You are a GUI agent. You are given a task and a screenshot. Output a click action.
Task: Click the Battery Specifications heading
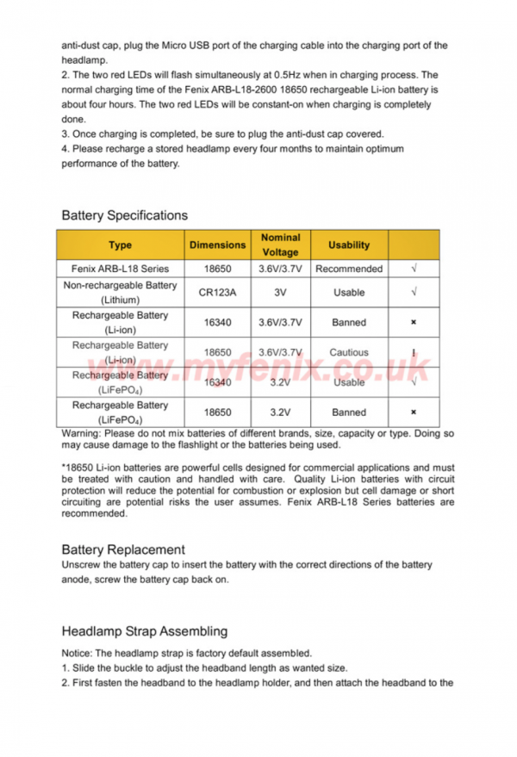[124, 215]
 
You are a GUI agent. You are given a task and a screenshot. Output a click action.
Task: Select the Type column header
[121, 245]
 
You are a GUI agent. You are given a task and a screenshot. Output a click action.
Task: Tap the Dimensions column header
[217, 245]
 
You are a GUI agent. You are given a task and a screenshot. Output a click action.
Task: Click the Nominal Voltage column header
[280, 245]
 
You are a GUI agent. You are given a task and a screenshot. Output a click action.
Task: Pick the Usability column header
[349, 245]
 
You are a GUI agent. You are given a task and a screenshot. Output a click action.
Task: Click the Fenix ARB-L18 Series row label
[121, 269]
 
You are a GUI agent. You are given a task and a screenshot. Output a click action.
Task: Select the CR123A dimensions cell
[217, 293]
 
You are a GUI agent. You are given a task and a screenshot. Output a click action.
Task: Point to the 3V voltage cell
[280, 293]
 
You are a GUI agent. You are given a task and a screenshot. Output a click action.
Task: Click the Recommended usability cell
[349, 269]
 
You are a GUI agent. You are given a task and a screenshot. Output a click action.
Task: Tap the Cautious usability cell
[349, 352]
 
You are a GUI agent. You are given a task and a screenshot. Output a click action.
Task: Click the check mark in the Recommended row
[414, 269]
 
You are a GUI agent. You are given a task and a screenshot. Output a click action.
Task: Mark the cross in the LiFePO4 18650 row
[414, 413]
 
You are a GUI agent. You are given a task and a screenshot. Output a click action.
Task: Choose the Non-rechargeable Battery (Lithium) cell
[121, 293]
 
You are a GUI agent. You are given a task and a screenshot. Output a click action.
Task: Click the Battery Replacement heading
[123, 549]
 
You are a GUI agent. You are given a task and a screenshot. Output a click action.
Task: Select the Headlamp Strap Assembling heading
[145, 631]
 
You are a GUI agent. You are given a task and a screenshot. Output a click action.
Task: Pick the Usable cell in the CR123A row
[349, 293]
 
